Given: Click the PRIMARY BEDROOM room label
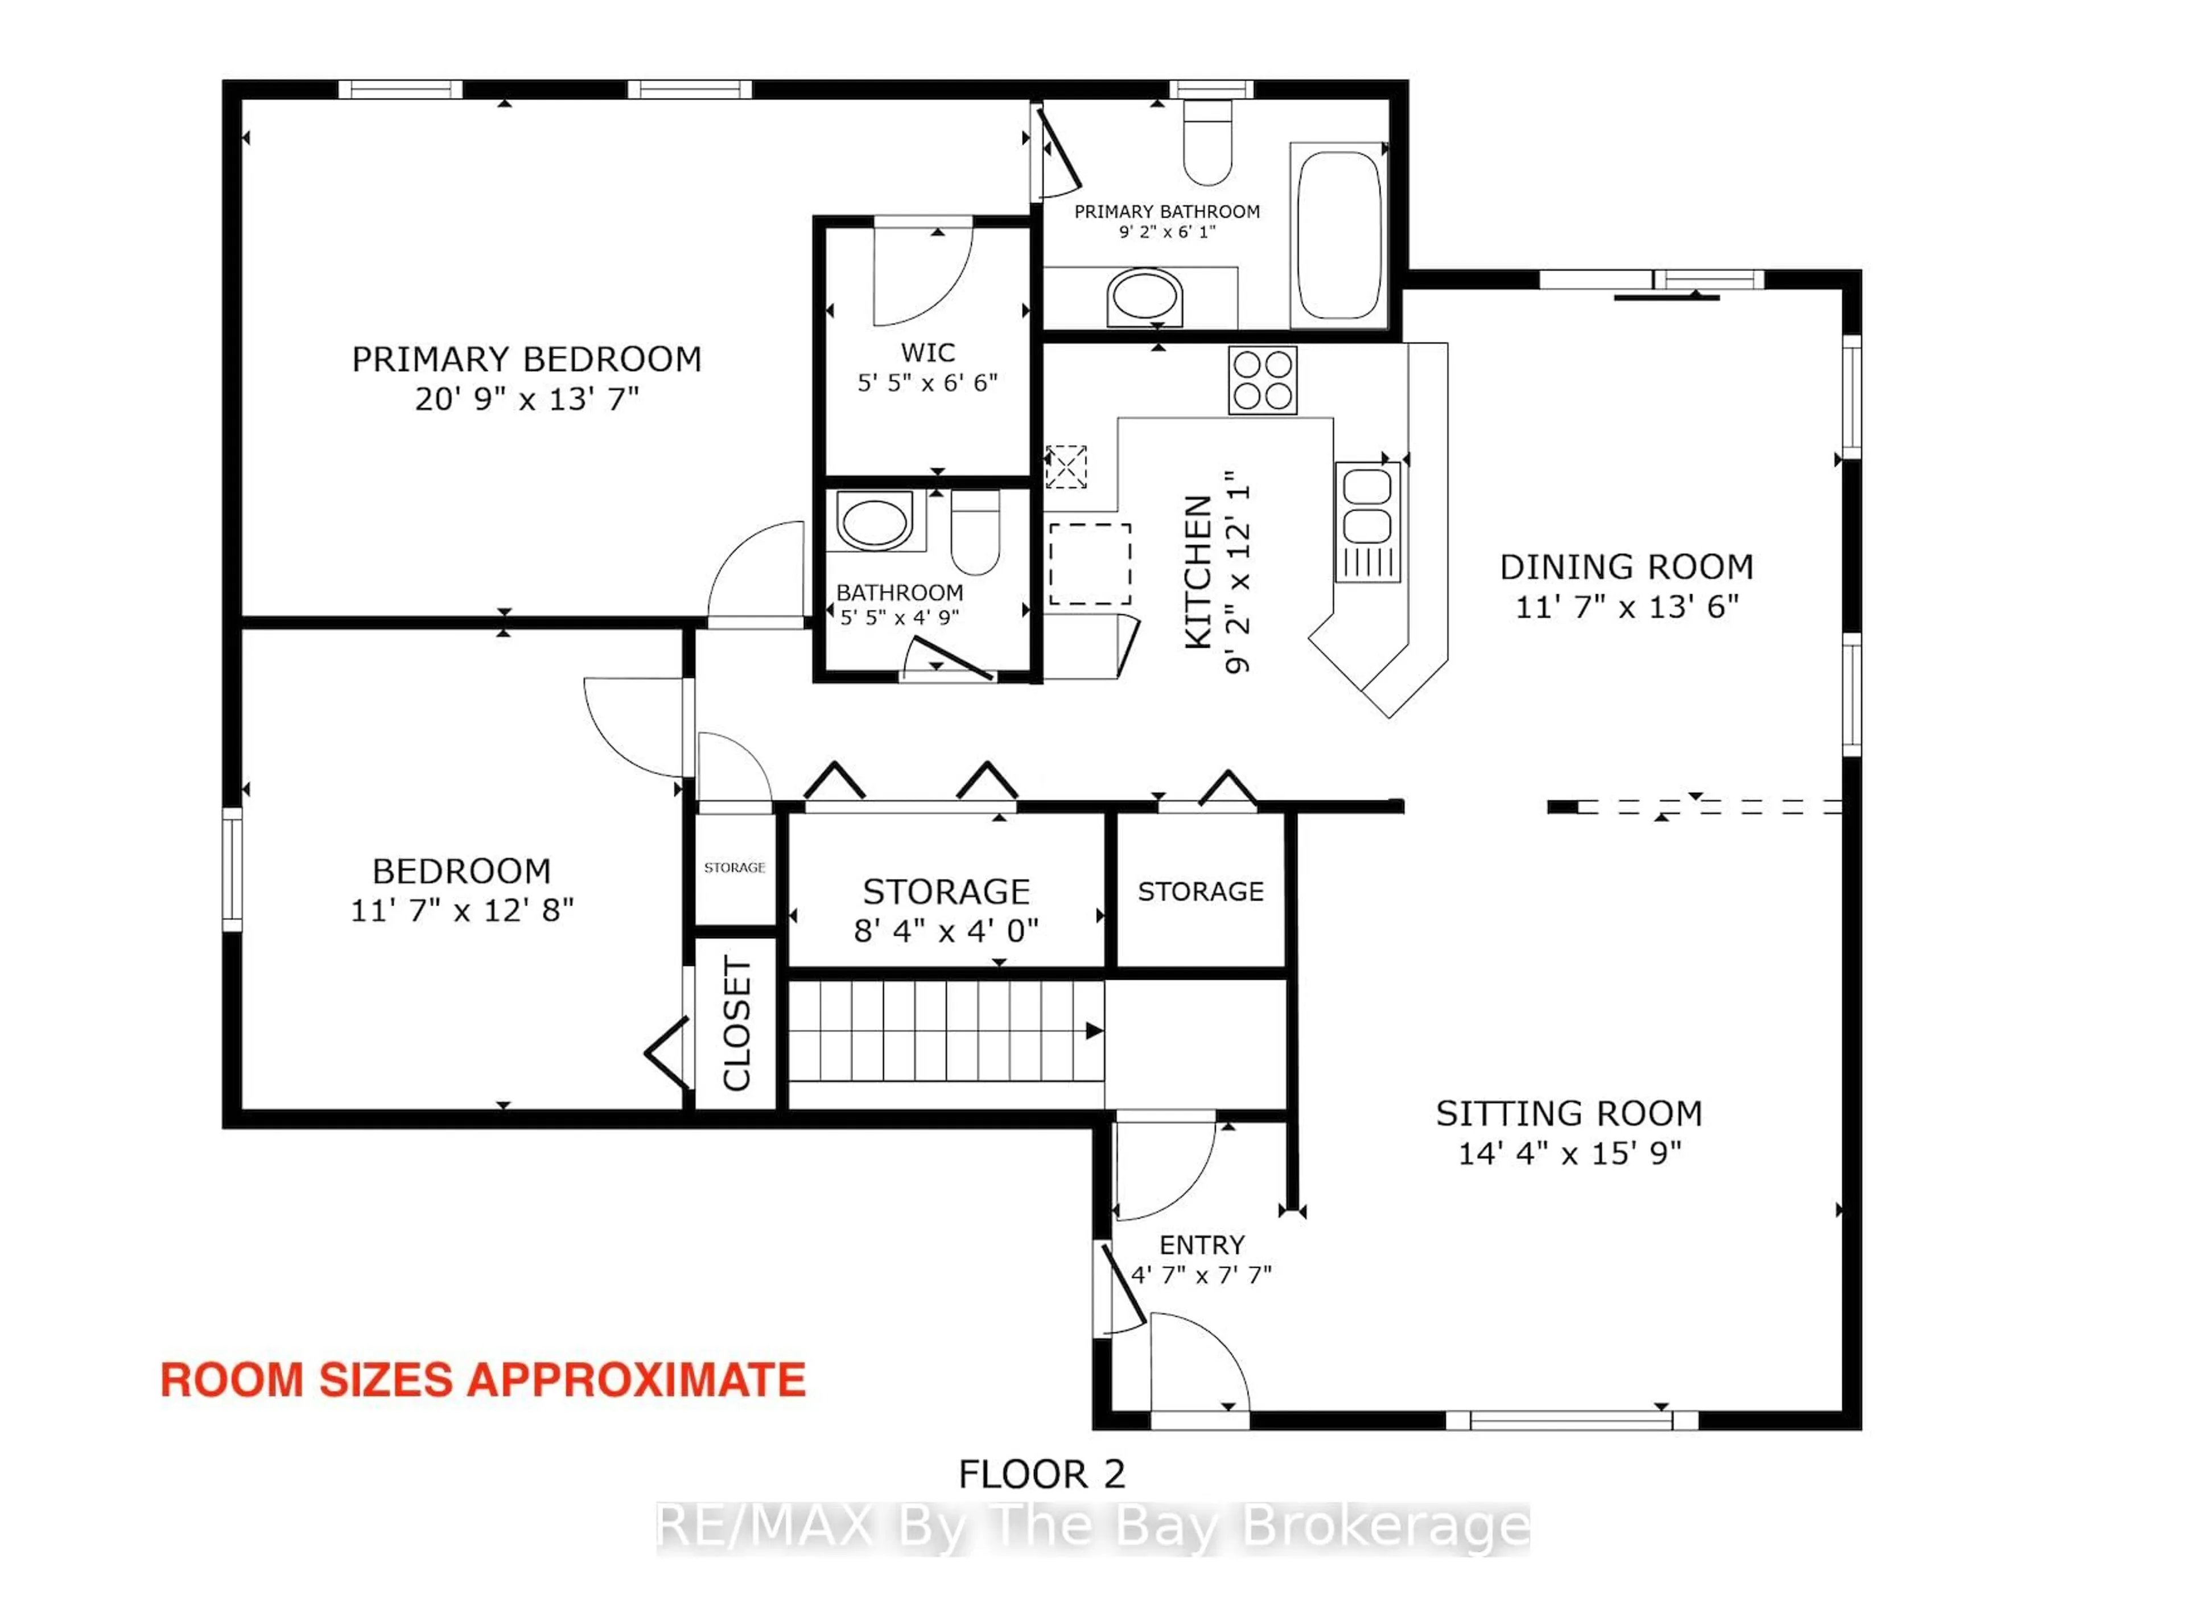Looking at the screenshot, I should pyautogui.click(x=526, y=359).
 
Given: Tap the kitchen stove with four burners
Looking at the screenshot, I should pyautogui.click(x=1263, y=380).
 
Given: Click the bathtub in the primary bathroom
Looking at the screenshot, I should pyautogui.click(x=1339, y=235).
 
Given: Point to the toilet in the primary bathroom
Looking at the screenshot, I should pyautogui.click(x=1207, y=145).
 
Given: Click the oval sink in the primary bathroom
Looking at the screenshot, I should pyautogui.click(x=1144, y=296).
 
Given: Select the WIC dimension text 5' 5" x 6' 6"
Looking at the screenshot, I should pyautogui.click(x=927, y=383).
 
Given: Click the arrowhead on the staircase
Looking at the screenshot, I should pyautogui.click(x=1094, y=1031).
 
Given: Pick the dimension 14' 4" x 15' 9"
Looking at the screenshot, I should pyautogui.click(x=1568, y=1153).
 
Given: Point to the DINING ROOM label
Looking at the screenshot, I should pyautogui.click(x=1626, y=567).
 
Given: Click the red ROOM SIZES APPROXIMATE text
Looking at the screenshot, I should pyautogui.click(x=483, y=1380).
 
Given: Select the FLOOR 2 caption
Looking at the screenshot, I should pyautogui.click(x=1041, y=1474).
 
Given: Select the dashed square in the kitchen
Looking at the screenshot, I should pyautogui.click(x=1090, y=564).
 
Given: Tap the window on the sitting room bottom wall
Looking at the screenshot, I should pyautogui.click(x=1572, y=1420).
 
